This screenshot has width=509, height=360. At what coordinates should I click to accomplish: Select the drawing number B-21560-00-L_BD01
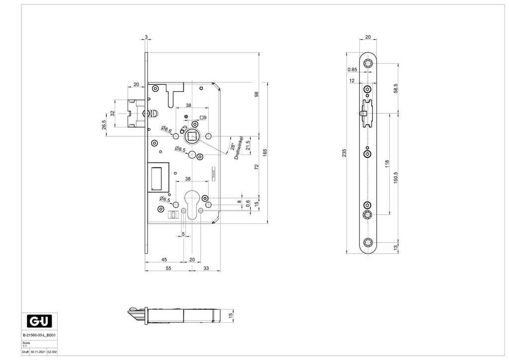click(x=40, y=336)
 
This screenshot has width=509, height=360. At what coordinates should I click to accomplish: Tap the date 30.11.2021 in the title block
click(x=37, y=352)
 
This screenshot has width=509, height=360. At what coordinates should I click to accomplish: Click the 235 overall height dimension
click(x=345, y=153)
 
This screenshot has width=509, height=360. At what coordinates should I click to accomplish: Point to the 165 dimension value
click(x=265, y=152)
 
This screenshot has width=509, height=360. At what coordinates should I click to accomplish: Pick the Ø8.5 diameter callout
click(x=180, y=149)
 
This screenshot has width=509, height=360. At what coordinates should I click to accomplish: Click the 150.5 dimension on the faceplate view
click(x=395, y=178)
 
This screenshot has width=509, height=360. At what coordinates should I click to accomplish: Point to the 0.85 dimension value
click(x=352, y=69)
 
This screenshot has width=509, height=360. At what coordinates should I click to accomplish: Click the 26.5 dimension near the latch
click(x=104, y=124)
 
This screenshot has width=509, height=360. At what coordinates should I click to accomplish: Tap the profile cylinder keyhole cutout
click(x=191, y=202)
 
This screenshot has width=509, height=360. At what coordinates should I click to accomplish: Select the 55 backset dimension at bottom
click(x=168, y=268)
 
